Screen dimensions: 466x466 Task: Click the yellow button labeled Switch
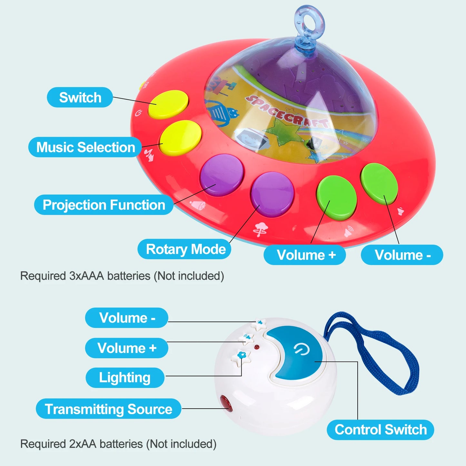tap(168, 104)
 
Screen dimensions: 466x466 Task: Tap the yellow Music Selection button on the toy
tap(181, 137)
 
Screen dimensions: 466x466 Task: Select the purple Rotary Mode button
tap(273, 194)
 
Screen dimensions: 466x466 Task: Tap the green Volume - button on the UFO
tap(379, 183)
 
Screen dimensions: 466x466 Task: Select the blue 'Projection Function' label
tap(104, 205)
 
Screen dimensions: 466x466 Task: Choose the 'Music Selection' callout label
tap(85, 147)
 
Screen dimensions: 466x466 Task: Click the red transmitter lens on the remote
tap(225, 403)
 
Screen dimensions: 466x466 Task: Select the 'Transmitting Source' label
tap(108, 409)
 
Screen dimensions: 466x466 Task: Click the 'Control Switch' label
tap(381, 430)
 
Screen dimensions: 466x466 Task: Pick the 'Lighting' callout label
tap(125, 378)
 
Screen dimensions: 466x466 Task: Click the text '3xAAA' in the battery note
tap(86, 276)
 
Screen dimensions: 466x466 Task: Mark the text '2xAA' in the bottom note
tap(83, 444)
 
